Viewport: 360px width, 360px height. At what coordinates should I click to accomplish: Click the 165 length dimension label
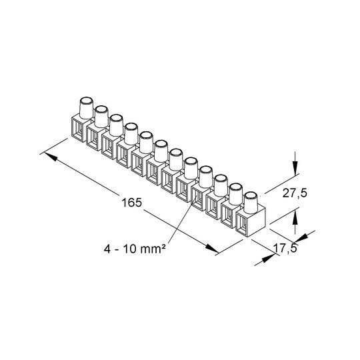pyautogui.click(x=132, y=203)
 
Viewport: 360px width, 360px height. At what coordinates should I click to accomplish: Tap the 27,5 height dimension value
pyautogui.click(x=295, y=193)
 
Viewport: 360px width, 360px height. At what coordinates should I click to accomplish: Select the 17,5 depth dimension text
pyautogui.click(x=285, y=248)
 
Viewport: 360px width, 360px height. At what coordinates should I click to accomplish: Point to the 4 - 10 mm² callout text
pyautogui.click(x=135, y=249)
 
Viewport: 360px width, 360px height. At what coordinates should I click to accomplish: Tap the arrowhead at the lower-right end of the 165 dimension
pyautogui.click(x=212, y=249)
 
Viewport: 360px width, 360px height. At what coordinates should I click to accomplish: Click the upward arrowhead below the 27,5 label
pyautogui.click(x=295, y=218)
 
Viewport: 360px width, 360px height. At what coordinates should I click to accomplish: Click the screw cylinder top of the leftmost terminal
pyautogui.click(x=86, y=101)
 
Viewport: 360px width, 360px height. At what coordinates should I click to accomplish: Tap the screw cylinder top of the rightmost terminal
pyautogui.click(x=251, y=196)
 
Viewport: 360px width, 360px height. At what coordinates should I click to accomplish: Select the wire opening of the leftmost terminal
pyautogui.click(x=79, y=129)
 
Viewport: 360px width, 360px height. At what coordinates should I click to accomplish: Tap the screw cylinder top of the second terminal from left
pyautogui.click(x=101, y=110)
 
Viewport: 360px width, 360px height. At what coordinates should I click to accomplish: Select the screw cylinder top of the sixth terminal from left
pyautogui.click(x=161, y=144)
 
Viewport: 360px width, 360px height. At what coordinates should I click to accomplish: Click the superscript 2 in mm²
pyautogui.click(x=163, y=247)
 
